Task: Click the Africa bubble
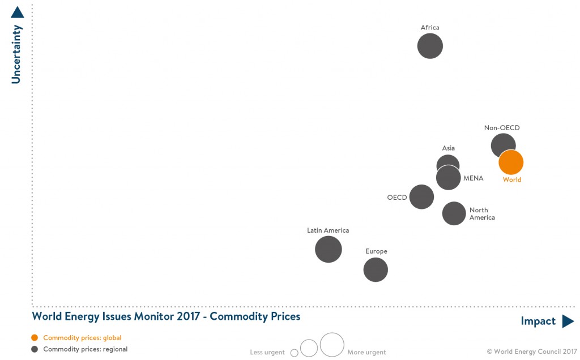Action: tap(430, 46)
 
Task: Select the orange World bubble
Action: tap(511, 162)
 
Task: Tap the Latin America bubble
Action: tap(329, 249)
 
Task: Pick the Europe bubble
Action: tap(376, 269)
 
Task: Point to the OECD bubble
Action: tap(421, 197)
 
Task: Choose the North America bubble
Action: tap(454, 213)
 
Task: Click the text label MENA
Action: tap(473, 178)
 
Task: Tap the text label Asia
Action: tap(449, 148)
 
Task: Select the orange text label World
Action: tap(512, 180)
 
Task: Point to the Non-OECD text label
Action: tap(502, 128)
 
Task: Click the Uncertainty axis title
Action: tap(16, 54)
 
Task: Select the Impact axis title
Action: tap(538, 322)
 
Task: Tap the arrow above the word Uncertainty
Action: tap(17, 12)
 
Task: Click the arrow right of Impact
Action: tap(568, 322)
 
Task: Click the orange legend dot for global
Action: tap(35, 338)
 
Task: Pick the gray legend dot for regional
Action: tap(35, 349)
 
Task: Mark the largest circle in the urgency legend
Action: tap(332, 345)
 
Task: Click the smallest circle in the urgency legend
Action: tap(294, 353)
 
